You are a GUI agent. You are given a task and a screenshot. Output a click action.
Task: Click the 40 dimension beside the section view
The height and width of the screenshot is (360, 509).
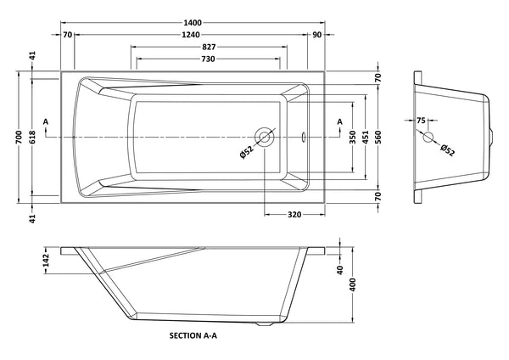pos(340,270)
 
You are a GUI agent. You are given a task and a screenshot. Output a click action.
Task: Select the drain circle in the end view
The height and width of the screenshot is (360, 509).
pos(427,137)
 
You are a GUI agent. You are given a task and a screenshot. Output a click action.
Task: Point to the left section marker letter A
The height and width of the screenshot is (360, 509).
pos(46,123)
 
